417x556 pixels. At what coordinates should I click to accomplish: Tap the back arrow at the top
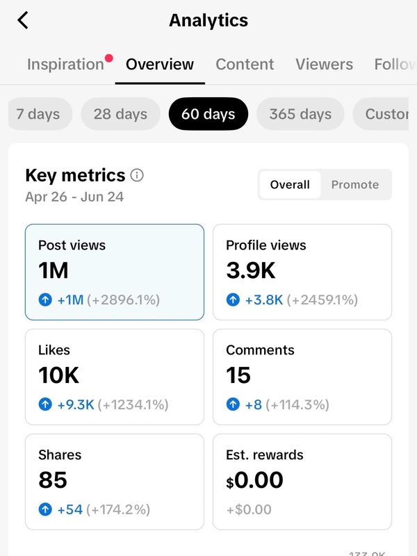23,20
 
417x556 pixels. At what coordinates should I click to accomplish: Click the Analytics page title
208,20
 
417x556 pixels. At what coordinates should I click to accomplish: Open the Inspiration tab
65,64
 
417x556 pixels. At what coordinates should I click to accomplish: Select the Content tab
245,64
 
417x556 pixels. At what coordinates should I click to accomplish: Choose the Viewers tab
324,64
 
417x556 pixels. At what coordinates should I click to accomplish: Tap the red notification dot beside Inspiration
109,58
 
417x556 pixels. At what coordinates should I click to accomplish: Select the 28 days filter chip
120,114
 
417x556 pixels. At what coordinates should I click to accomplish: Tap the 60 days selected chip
208,114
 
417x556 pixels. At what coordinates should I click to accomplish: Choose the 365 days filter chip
300,114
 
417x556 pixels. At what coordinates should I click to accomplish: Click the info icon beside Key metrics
137,175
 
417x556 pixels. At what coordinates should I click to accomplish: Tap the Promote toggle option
355,184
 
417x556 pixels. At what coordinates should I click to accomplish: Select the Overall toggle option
290,184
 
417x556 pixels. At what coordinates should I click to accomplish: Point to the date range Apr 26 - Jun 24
74,197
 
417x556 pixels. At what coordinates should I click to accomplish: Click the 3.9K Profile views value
251,270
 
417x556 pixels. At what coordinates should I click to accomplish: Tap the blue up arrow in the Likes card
45,404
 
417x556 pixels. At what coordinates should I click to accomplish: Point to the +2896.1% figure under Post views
124,300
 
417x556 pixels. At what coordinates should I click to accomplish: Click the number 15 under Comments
238,375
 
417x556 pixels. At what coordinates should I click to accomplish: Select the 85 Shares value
53,480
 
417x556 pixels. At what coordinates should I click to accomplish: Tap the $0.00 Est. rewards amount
254,480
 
